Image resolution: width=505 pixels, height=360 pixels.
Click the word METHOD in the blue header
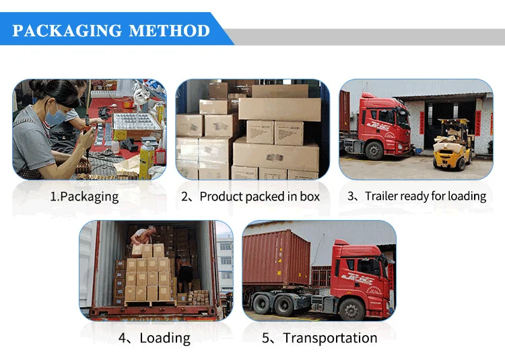click(169, 31)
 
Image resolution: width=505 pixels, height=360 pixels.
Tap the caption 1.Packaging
click(84, 196)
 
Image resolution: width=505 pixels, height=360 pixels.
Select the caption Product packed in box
click(259, 196)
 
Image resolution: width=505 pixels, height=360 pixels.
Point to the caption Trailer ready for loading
click(425, 196)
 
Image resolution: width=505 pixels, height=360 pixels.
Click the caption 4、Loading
click(155, 338)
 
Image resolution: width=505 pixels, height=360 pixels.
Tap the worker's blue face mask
click(56, 116)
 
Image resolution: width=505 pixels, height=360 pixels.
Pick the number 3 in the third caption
click(351, 196)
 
